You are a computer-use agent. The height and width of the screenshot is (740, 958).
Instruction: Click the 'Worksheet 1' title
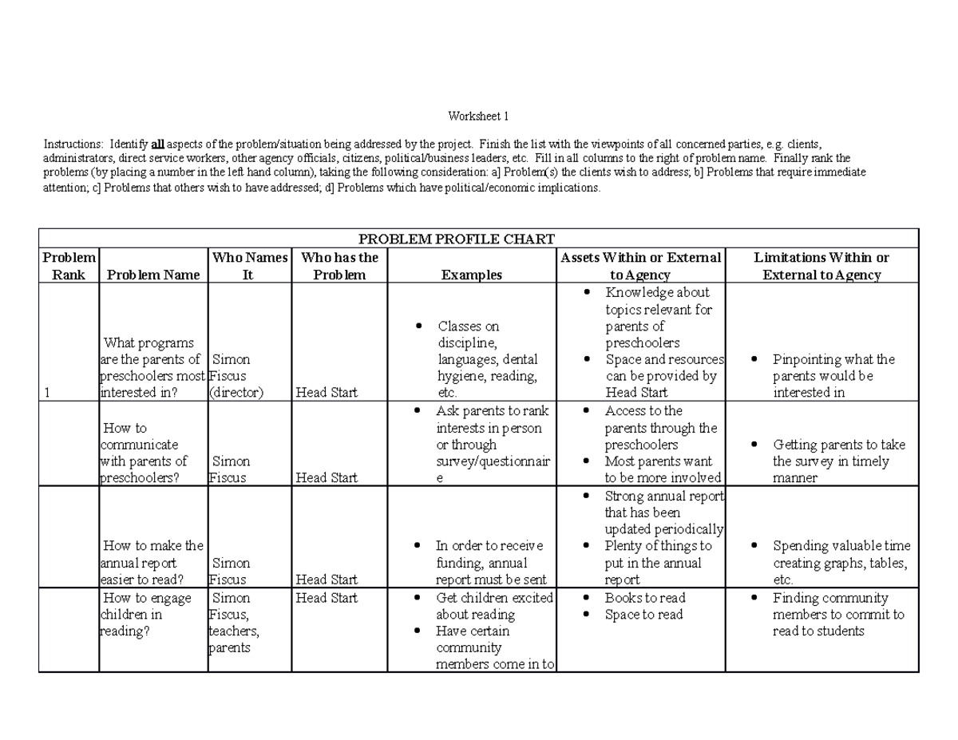(x=478, y=117)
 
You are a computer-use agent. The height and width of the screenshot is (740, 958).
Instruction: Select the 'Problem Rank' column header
(x=69, y=266)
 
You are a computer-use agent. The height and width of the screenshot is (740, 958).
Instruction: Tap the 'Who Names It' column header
(x=248, y=266)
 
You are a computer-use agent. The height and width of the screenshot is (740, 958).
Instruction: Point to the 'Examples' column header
(x=471, y=275)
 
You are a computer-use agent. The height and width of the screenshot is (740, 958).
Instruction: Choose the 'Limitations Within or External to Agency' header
(x=821, y=266)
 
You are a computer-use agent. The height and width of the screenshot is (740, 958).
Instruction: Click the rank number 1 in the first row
(x=48, y=392)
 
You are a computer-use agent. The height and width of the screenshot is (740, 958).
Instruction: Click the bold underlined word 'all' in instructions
(x=158, y=144)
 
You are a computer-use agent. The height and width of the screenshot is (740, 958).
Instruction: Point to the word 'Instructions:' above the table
(x=73, y=144)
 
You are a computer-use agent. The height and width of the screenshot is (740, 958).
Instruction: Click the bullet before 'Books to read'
(x=588, y=598)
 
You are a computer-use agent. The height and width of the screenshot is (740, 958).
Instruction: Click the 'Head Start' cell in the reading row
(x=327, y=598)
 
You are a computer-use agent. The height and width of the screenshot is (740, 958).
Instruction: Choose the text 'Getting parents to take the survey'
(x=838, y=453)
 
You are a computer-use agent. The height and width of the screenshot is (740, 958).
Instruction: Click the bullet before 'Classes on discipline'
(x=418, y=326)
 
